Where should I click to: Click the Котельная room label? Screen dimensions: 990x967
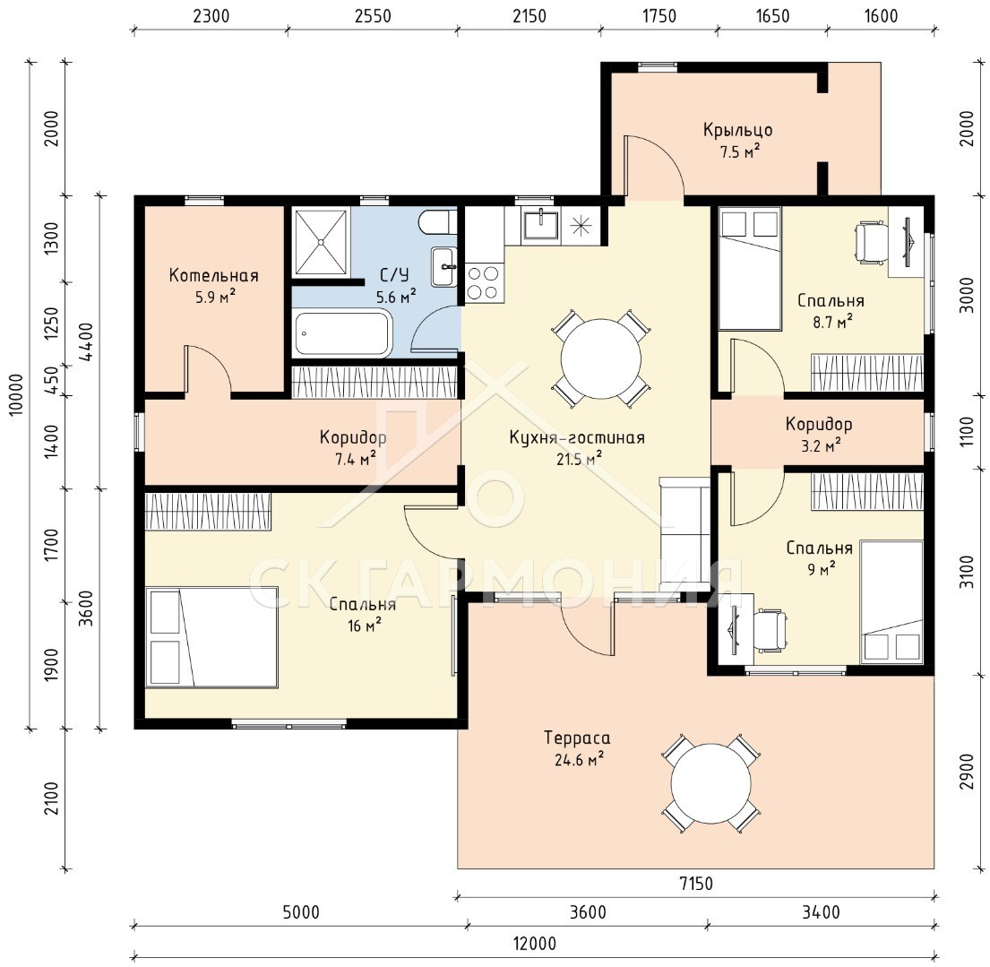213,276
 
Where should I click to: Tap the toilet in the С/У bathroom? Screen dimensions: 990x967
435,222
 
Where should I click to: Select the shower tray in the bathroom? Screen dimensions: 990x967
322,242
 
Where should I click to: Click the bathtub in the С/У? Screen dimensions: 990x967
343,333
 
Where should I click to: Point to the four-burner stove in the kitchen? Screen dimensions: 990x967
483,282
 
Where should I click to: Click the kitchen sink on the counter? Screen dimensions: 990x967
540,225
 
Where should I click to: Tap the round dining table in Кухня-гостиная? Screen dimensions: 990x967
600,358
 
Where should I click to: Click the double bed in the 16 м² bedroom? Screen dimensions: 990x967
211,636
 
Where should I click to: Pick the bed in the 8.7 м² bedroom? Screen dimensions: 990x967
750,269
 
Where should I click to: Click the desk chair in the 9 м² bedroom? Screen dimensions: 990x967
770,630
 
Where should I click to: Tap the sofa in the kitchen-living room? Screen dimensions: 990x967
684,534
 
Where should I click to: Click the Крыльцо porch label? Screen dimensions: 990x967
738,131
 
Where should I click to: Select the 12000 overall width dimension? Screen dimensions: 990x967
534,944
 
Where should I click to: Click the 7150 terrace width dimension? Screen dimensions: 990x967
696,884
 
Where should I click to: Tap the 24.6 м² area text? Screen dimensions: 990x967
579,759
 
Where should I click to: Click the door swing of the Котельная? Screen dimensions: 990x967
209,369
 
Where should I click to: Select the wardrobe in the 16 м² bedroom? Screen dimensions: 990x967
208,511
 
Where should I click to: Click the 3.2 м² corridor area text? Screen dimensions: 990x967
820,445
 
